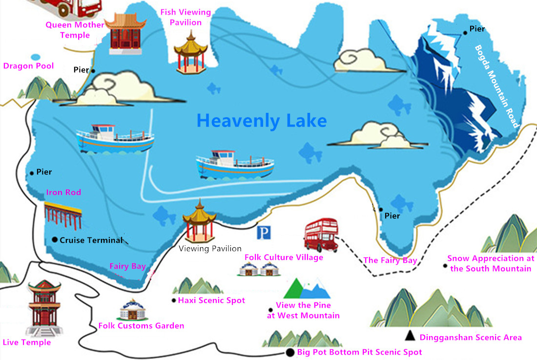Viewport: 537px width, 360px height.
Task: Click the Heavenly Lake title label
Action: pyautogui.click(x=261, y=120)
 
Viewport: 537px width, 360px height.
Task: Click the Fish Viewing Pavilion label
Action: pyautogui.click(x=186, y=17)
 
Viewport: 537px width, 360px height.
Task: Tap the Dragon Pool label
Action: pyautogui.click(x=28, y=66)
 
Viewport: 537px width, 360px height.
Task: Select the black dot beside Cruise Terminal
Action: pyautogui.click(x=54, y=239)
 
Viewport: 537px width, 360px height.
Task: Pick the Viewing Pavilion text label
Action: pyautogui.click(x=210, y=249)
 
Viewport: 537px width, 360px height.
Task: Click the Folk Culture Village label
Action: pyautogui.click(x=284, y=257)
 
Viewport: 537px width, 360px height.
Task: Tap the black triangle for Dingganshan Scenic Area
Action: pyautogui.click(x=411, y=336)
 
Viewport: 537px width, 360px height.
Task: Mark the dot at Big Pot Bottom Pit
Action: pyautogui.click(x=290, y=352)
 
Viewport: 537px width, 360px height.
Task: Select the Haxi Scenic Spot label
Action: pyautogui.click(x=211, y=300)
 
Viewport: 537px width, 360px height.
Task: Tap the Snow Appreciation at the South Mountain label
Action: pyautogui.click(x=489, y=263)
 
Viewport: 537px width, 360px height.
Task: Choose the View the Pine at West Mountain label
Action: pyautogui.click(x=303, y=310)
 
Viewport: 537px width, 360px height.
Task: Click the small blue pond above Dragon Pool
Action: pyautogui.click(x=35, y=56)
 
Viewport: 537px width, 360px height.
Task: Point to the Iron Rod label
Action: pyautogui.click(x=63, y=192)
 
